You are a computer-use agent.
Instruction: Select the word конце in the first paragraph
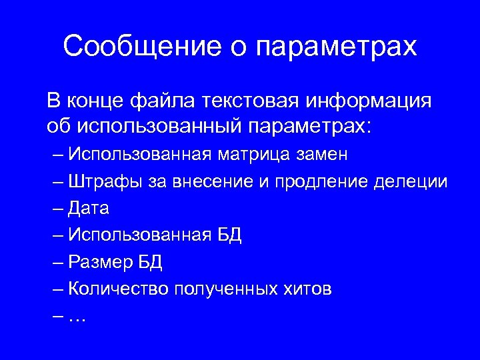pyautogui.click(x=96, y=101)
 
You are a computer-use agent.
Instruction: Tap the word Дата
pyautogui.click(x=89, y=209)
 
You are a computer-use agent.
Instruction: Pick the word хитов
pyautogui.click(x=306, y=289)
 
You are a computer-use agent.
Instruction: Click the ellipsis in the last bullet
pyautogui.click(x=78, y=318)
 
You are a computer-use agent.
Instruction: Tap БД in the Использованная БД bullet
pyautogui.click(x=229, y=235)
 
